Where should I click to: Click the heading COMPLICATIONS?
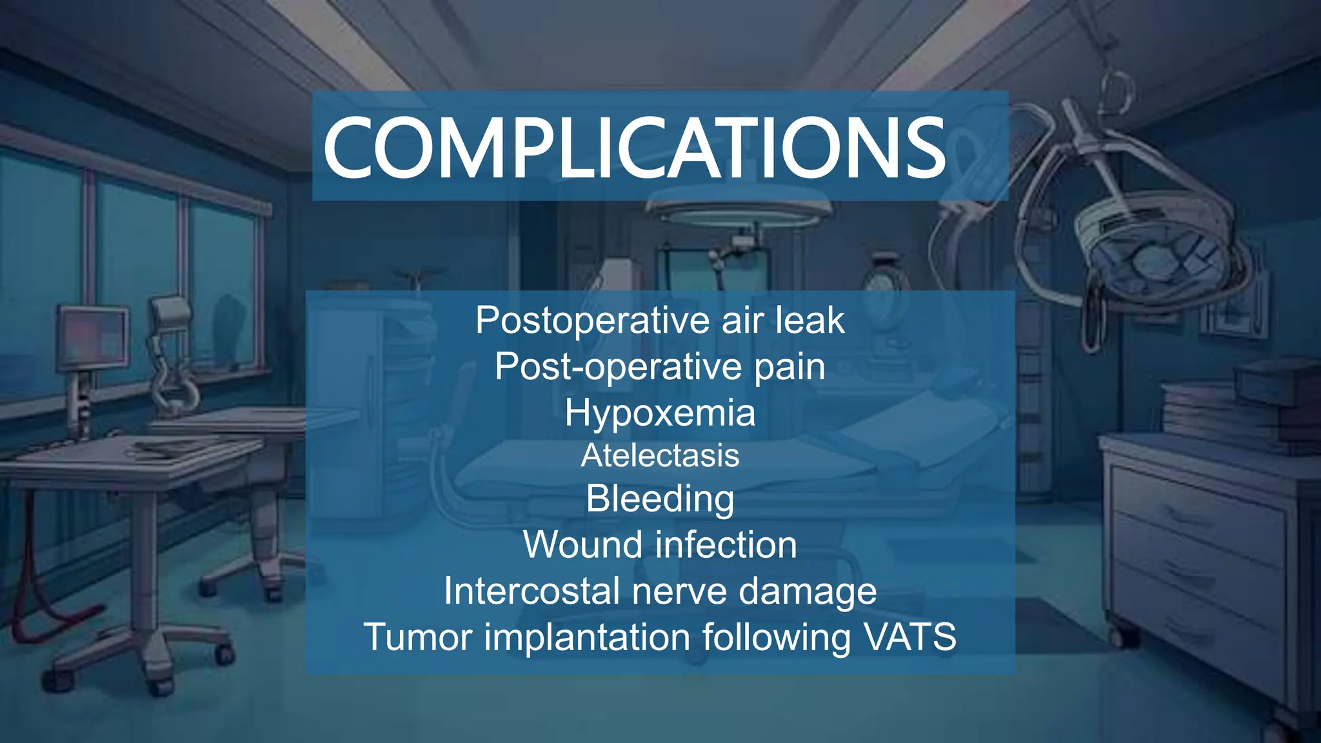[x=635, y=148]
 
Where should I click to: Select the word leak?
[x=809, y=321]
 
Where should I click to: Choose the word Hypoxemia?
[x=660, y=413]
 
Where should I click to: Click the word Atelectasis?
[x=660, y=455]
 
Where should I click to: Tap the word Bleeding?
[x=660, y=499]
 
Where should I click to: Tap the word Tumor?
[x=418, y=637]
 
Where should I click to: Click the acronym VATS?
[x=909, y=637]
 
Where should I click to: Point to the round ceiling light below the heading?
[x=739, y=213]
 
